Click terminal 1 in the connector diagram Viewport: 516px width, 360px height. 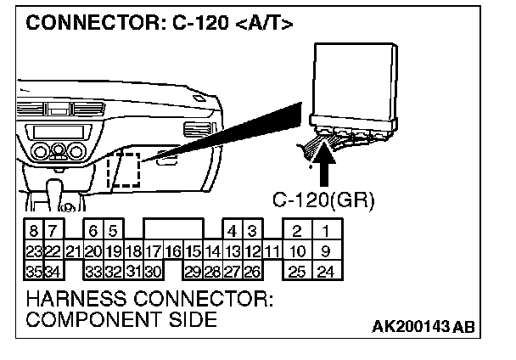click(324, 231)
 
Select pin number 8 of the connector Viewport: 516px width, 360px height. click(32, 231)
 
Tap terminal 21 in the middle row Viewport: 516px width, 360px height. click(73, 250)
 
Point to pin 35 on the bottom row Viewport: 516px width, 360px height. click(32, 272)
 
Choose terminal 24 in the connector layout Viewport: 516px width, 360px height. click(324, 272)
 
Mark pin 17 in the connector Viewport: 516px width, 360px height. click(154, 250)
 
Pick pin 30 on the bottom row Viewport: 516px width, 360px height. click(154, 272)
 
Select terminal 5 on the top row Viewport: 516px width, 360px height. click(113, 231)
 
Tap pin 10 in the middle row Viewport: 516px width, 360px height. click(296, 250)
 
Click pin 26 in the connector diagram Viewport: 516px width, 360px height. click(252, 272)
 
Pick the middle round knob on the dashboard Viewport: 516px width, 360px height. click(59, 153)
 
